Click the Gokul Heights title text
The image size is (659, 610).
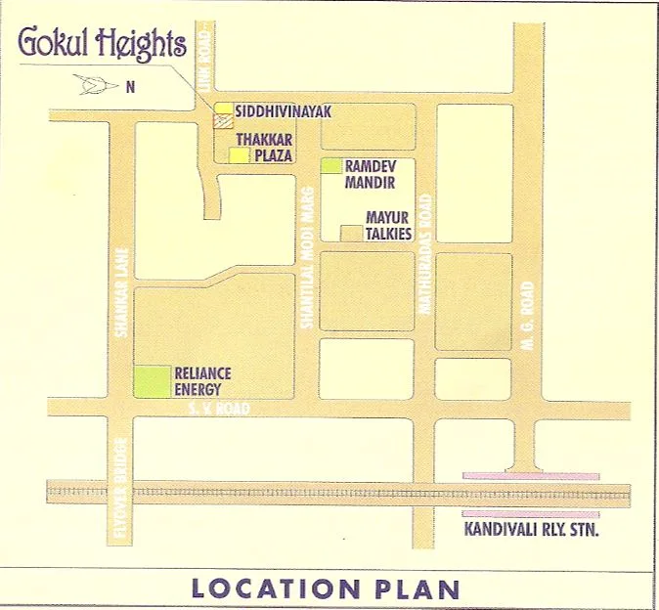[102, 44]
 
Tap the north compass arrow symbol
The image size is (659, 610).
[95, 86]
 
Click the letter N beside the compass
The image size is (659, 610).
[129, 86]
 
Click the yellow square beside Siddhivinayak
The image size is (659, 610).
[224, 109]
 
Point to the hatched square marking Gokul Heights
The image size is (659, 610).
[224, 123]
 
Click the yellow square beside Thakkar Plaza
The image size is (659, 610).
[239, 154]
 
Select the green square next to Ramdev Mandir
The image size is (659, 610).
[331, 165]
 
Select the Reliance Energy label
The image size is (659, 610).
[201, 381]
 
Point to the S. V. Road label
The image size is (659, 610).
[224, 409]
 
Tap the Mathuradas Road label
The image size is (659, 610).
[424, 253]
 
